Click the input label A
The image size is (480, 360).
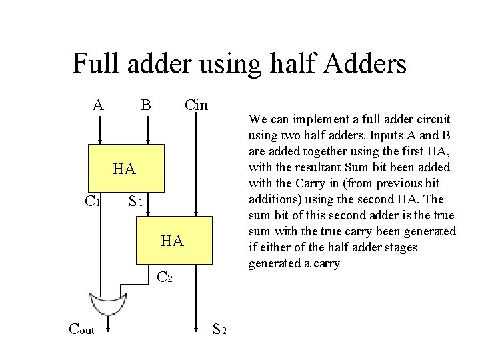coord(99,105)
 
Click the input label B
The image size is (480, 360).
coord(146,105)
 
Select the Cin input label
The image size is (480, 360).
coord(196,105)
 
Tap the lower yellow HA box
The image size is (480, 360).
coord(174,241)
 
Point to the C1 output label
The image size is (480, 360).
coord(93,201)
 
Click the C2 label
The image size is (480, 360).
coord(165,277)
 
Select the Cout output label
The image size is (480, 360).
coord(82,329)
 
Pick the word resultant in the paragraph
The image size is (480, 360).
coord(311,167)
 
